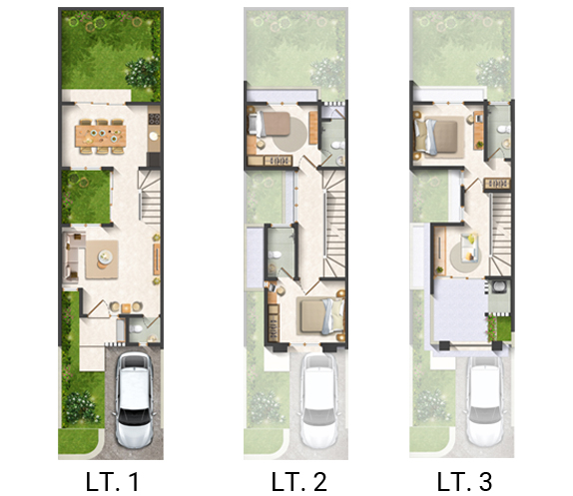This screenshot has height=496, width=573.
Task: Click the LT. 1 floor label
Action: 112,481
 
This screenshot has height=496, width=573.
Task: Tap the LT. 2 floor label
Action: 298,481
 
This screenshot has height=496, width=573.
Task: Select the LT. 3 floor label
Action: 464,481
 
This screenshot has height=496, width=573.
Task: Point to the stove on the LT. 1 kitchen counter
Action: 154,119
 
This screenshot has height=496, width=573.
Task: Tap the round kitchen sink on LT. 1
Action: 154,136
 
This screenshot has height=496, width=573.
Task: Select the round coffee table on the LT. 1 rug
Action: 105,256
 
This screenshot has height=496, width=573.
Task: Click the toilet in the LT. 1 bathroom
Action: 136,328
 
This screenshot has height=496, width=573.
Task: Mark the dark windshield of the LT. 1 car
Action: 134,416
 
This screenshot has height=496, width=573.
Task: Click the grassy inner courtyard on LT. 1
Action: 86,197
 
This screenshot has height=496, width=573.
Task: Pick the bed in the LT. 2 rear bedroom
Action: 270,124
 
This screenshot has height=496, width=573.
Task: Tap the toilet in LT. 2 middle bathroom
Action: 275,254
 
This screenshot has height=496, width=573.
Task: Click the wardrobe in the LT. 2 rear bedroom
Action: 278,161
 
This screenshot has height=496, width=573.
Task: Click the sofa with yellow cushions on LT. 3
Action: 469,248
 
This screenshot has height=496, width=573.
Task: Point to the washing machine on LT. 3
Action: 497,286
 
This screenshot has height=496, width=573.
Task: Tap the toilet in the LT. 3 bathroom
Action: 505,129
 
